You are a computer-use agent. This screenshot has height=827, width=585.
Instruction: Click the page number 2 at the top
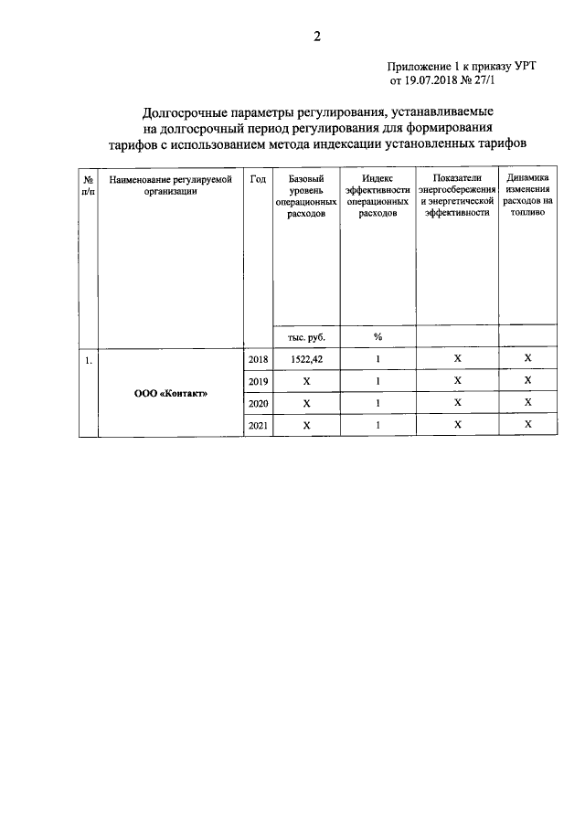(316, 37)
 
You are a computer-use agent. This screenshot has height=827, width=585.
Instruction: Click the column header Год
(258, 180)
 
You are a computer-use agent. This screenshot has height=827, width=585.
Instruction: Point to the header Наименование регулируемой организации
(171, 186)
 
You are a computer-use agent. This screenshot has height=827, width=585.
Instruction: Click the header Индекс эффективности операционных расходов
(377, 196)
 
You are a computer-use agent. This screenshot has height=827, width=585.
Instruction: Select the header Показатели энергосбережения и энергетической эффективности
(457, 196)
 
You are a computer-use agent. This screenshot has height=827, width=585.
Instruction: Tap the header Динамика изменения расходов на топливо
(527, 196)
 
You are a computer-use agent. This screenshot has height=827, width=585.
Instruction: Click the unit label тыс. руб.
(306, 336)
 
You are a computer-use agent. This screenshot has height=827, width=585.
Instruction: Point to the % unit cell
(377, 336)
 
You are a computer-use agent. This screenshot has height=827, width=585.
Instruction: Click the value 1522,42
(306, 360)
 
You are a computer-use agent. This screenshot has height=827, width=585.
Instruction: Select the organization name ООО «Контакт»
(171, 394)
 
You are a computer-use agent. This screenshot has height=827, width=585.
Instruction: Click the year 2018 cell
(258, 360)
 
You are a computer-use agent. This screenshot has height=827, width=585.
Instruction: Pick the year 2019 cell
(258, 381)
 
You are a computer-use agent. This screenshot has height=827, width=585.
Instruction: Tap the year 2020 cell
(258, 403)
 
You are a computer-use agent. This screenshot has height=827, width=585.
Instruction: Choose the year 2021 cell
(258, 425)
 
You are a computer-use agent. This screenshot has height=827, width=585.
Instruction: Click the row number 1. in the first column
(88, 360)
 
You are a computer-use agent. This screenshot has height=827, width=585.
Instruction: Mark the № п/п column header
(88, 186)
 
